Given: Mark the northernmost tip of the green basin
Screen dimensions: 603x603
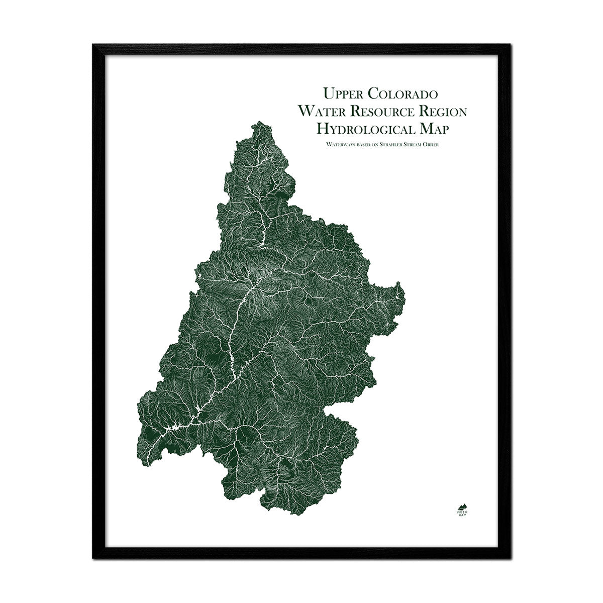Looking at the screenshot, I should [259, 122].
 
